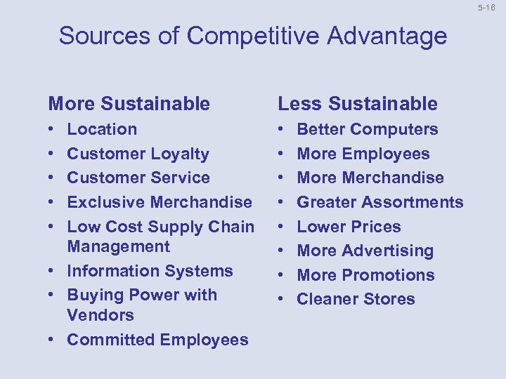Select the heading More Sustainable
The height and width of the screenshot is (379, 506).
pyautogui.click(x=129, y=104)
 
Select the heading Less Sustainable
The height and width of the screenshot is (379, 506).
pyautogui.click(x=358, y=104)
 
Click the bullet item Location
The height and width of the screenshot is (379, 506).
pyautogui.click(x=102, y=129)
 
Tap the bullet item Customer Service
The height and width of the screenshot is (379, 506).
pyautogui.click(x=138, y=178)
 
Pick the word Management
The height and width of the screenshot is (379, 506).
pyautogui.click(x=119, y=246)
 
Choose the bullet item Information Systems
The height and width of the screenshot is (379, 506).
pyautogui.click(x=150, y=271)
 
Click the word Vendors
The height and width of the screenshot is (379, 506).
pyautogui.click(x=100, y=315)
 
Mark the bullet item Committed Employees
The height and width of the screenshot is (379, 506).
pyautogui.click(x=157, y=340)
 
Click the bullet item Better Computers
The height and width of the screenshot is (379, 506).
pyautogui.click(x=368, y=129)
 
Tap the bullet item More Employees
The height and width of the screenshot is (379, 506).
pyautogui.click(x=363, y=154)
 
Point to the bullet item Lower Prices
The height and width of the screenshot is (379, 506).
pyautogui.click(x=349, y=227)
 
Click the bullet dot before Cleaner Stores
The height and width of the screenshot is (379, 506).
pyautogui.click(x=283, y=300)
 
